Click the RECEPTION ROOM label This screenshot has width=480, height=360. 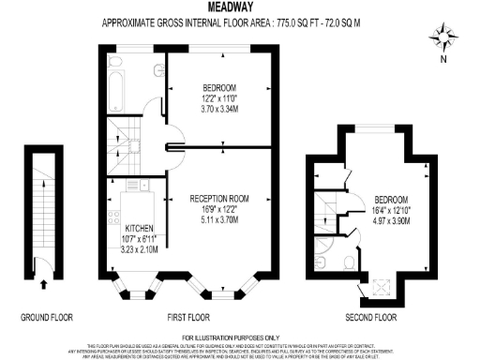217,199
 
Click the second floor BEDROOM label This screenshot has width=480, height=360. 391,200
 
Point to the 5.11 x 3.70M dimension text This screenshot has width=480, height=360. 217,220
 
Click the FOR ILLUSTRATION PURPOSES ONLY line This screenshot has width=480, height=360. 239,337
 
